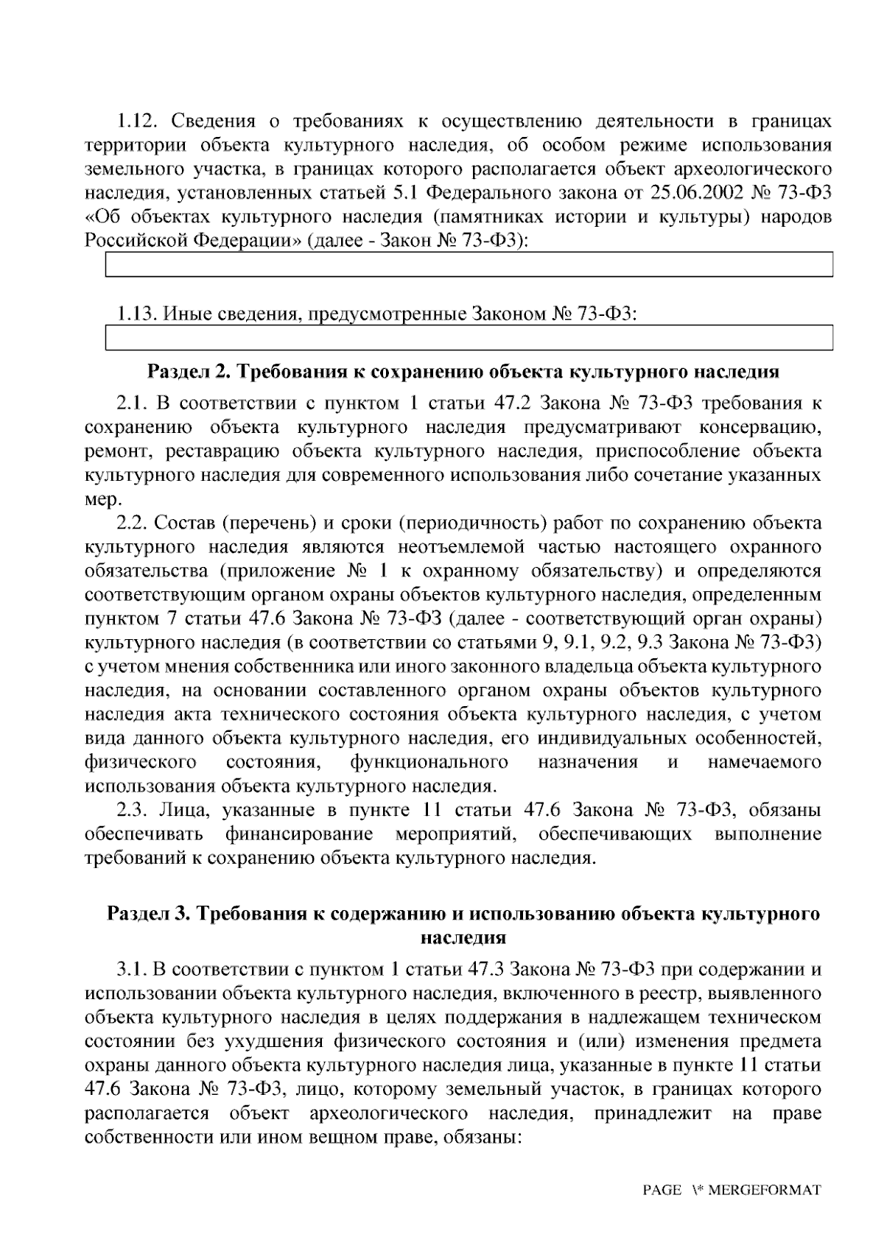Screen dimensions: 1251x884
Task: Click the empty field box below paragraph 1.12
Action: pos(469,264)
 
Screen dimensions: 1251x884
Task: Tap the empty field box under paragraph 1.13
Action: pos(469,337)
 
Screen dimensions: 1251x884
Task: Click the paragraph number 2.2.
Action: pos(133,523)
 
